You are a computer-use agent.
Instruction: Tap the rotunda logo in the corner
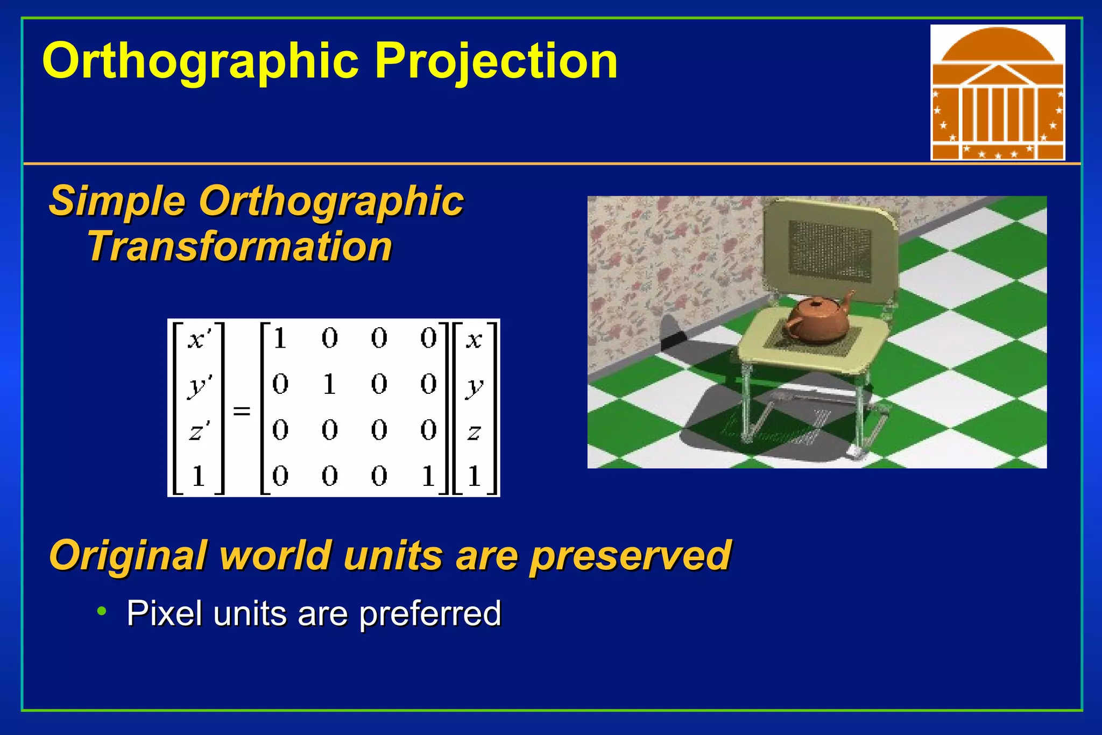click(997, 93)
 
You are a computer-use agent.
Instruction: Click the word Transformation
click(240, 247)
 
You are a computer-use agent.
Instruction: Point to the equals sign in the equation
click(242, 412)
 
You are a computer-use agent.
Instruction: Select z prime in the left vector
click(199, 431)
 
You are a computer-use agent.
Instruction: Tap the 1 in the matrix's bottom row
click(428, 476)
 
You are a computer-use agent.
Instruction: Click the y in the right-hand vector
click(474, 386)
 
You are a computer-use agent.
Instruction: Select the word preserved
click(630, 556)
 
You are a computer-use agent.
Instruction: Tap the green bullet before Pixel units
click(102, 611)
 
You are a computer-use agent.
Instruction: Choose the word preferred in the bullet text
click(430, 614)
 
